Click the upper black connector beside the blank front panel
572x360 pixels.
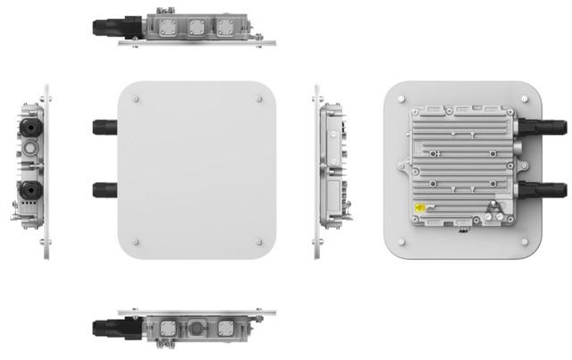(x=105, y=125)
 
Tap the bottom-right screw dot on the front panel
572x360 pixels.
(x=259, y=241)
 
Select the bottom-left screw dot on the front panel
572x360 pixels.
(x=135, y=241)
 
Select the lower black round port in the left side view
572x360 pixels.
(x=29, y=190)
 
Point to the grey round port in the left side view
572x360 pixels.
(x=30, y=144)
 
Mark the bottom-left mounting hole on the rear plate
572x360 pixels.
(x=401, y=240)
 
